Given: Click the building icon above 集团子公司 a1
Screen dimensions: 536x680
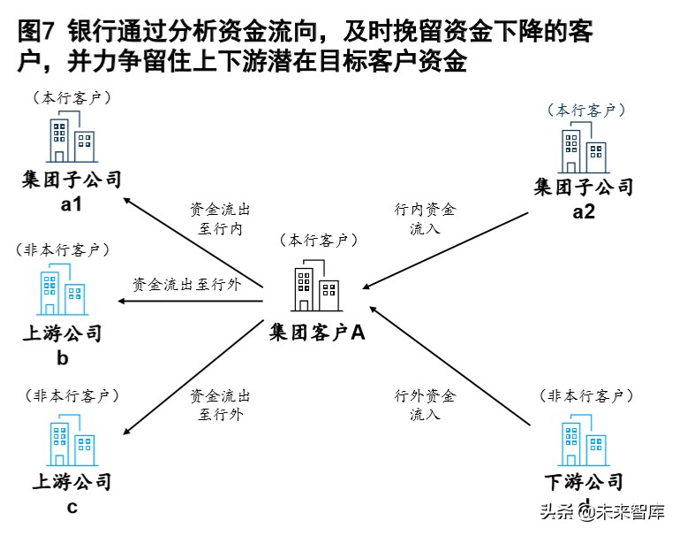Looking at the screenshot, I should coord(71,140).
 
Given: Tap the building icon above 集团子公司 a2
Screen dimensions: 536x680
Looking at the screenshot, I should coord(583,149).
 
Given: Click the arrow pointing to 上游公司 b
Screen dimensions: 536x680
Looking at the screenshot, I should coord(191,302).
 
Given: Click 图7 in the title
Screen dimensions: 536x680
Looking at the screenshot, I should coord(35,34).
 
